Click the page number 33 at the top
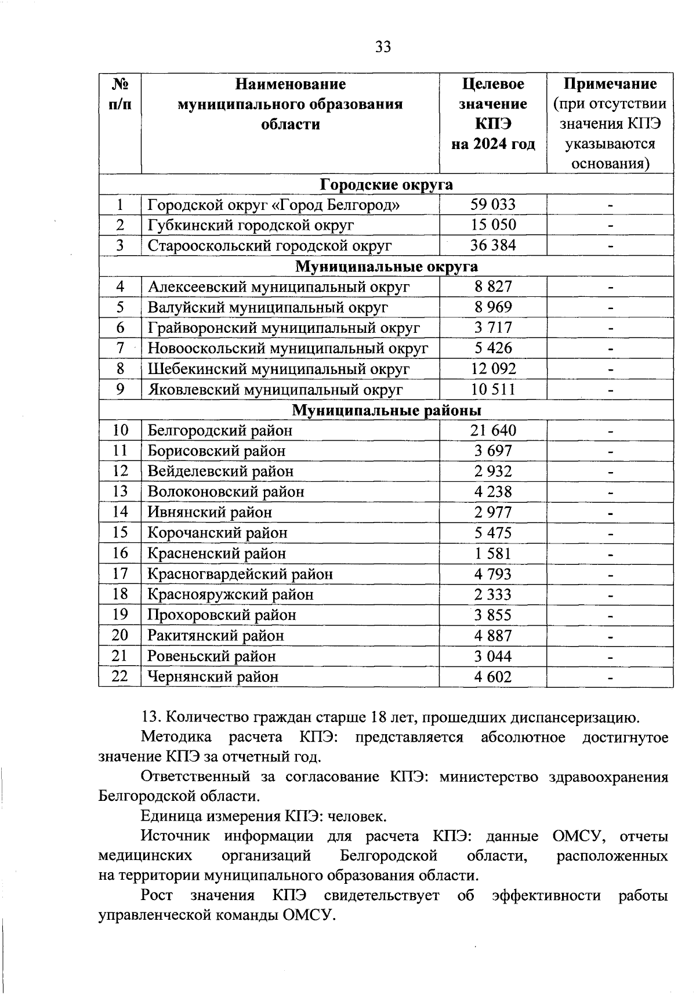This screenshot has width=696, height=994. [x=383, y=47]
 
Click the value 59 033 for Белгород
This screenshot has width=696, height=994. [x=492, y=204]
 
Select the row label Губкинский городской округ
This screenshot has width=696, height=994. [x=251, y=225]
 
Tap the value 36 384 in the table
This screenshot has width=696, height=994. [x=492, y=245]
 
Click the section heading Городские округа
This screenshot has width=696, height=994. [x=386, y=184]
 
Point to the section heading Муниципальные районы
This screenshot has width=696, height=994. [x=386, y=410]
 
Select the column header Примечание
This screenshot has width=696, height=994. [x=610, y=84]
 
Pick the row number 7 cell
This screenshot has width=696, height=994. [x=120, y=348]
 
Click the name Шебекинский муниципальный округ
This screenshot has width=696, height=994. [x=278, y=369]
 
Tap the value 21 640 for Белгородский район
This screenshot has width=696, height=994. [x=492, y=430]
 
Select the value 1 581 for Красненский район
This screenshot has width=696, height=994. [x=492, y=553]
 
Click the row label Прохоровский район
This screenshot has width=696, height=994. [x=222, y=615]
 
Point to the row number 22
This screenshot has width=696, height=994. [x=120, y=676]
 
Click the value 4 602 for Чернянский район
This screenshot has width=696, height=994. [x=492, y=677]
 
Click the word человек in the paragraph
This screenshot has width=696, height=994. [x=357, y=817]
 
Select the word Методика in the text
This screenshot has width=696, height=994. [x=176, y=738]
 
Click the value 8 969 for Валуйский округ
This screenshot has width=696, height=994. [x=492, y=307]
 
